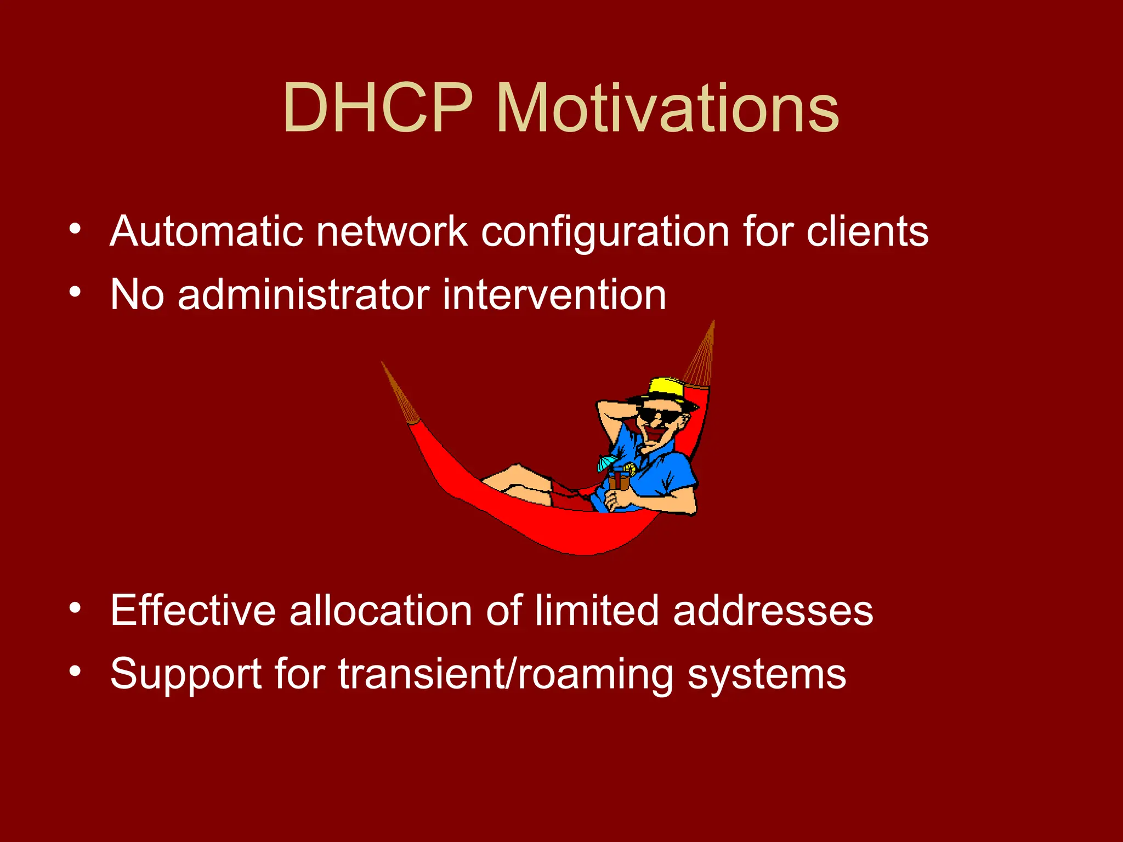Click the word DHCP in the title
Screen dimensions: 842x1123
click(x=378, y=108)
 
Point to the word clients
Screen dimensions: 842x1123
click(x=867, y=231)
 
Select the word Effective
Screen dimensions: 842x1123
click(x=192, y=610)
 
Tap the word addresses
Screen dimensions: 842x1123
click(x=773, y=610)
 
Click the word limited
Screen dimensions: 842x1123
click(x=597, y=610)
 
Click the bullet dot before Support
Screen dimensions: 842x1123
click(x=75, y=670)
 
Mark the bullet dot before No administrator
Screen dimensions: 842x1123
click(x=75, y=291)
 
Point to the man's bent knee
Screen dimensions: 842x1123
click(x=515, y=470)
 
